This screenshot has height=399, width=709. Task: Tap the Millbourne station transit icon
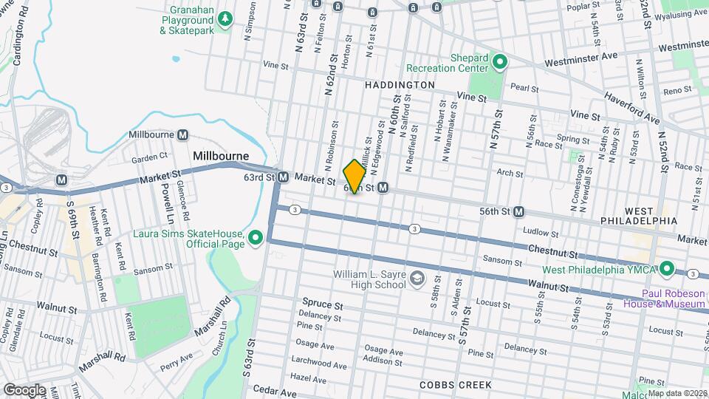click(x=182, y=135)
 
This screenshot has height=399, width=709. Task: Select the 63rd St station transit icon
click(x=283, y=177)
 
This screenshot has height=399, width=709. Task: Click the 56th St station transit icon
click(x=519, y=211)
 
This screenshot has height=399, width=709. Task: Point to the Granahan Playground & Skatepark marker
click(x=228, y=18)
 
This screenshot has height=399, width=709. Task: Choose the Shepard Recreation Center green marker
click(x=499, y=62)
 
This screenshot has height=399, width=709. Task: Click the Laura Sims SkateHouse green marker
click(x=256, y=237)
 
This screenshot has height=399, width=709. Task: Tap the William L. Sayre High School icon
click(x=417, y=279)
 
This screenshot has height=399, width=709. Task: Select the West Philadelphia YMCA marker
click(x=667, y=267)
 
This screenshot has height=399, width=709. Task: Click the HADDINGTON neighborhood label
click(x=400, y=86)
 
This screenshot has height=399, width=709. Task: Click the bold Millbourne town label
click(x=219, y=157)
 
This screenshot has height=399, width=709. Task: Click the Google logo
click(x=24, y=389)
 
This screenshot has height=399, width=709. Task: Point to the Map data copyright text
click(x=677, y=392)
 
